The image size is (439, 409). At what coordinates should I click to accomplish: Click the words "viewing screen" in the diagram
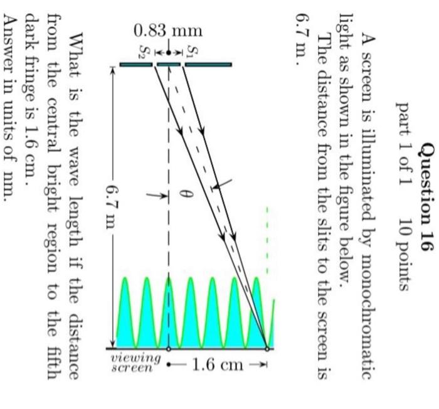pyautogui.click(x=135, y=363)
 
